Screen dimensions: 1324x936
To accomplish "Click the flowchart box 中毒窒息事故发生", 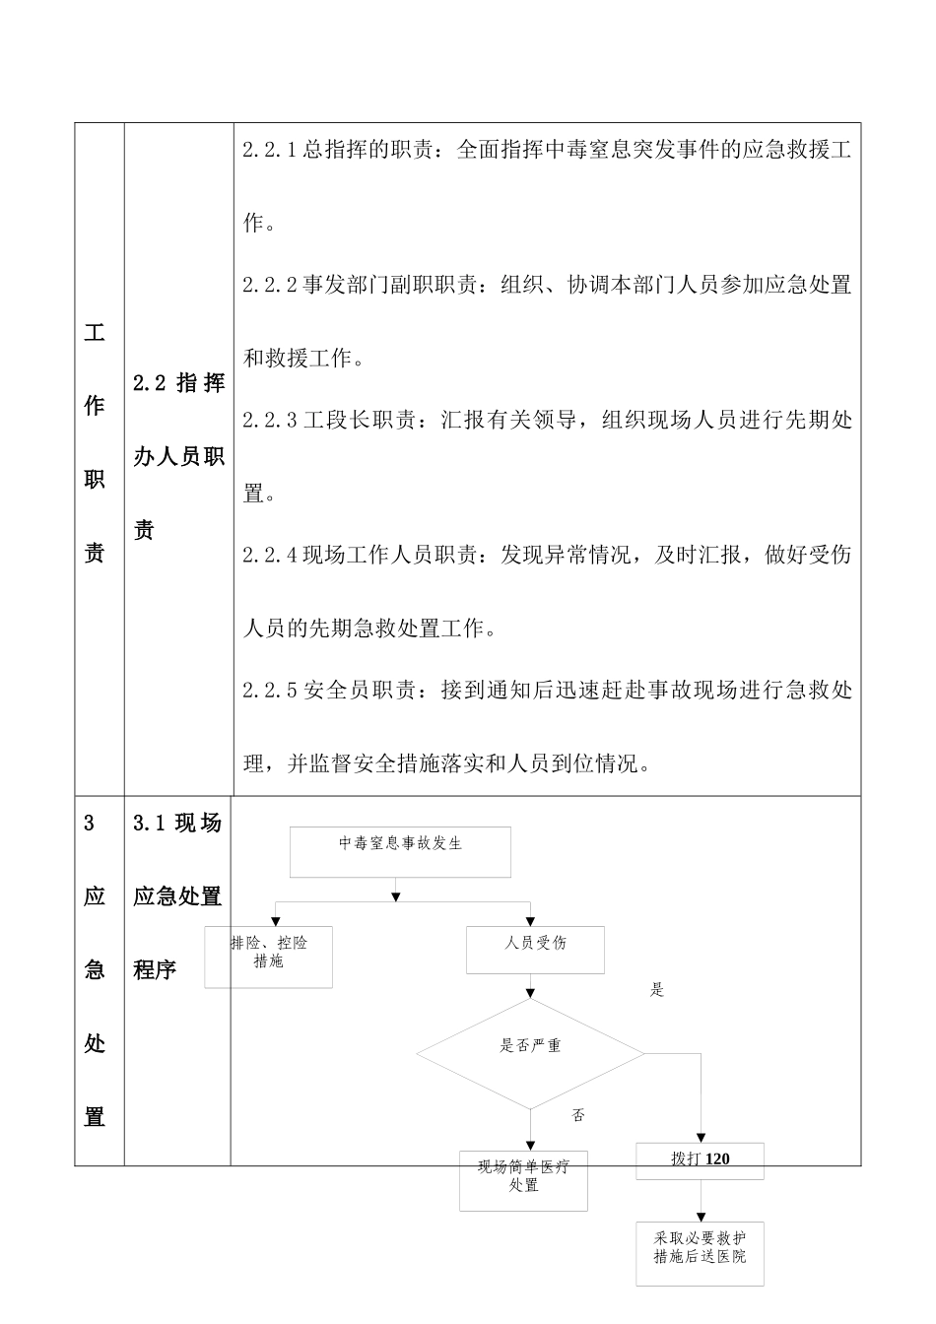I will tap(400, 851).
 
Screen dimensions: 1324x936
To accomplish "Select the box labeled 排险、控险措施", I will tap(268, 956).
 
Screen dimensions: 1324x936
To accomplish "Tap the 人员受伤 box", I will tap(535, 950).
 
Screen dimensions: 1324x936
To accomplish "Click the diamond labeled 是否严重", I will tap(530, 1053).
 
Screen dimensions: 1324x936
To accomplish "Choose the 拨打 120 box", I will tap(701, 1159).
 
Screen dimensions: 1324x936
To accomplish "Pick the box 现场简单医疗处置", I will tap(523, 1179).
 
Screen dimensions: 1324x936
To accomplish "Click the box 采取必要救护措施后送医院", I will tap(700, 1253).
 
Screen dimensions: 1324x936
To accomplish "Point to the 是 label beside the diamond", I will tap(657, 990).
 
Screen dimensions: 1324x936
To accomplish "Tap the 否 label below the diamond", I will tap(578, 1115).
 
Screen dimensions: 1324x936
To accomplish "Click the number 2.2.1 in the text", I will tap(270, 151).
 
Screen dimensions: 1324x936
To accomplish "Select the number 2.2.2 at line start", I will tap(270, 286).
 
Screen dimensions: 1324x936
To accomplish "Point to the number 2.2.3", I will tap(270, 421).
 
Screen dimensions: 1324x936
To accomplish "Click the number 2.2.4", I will tap(270, 556).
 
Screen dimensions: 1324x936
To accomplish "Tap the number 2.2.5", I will tap(270, 691).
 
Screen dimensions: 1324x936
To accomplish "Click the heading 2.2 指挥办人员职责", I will tap(178, 457).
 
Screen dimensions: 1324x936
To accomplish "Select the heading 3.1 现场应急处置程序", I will tap(177, 895).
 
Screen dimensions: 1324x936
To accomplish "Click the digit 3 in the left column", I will tap(90, 824).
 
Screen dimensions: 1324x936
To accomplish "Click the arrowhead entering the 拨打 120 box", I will tap(701, 1137).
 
